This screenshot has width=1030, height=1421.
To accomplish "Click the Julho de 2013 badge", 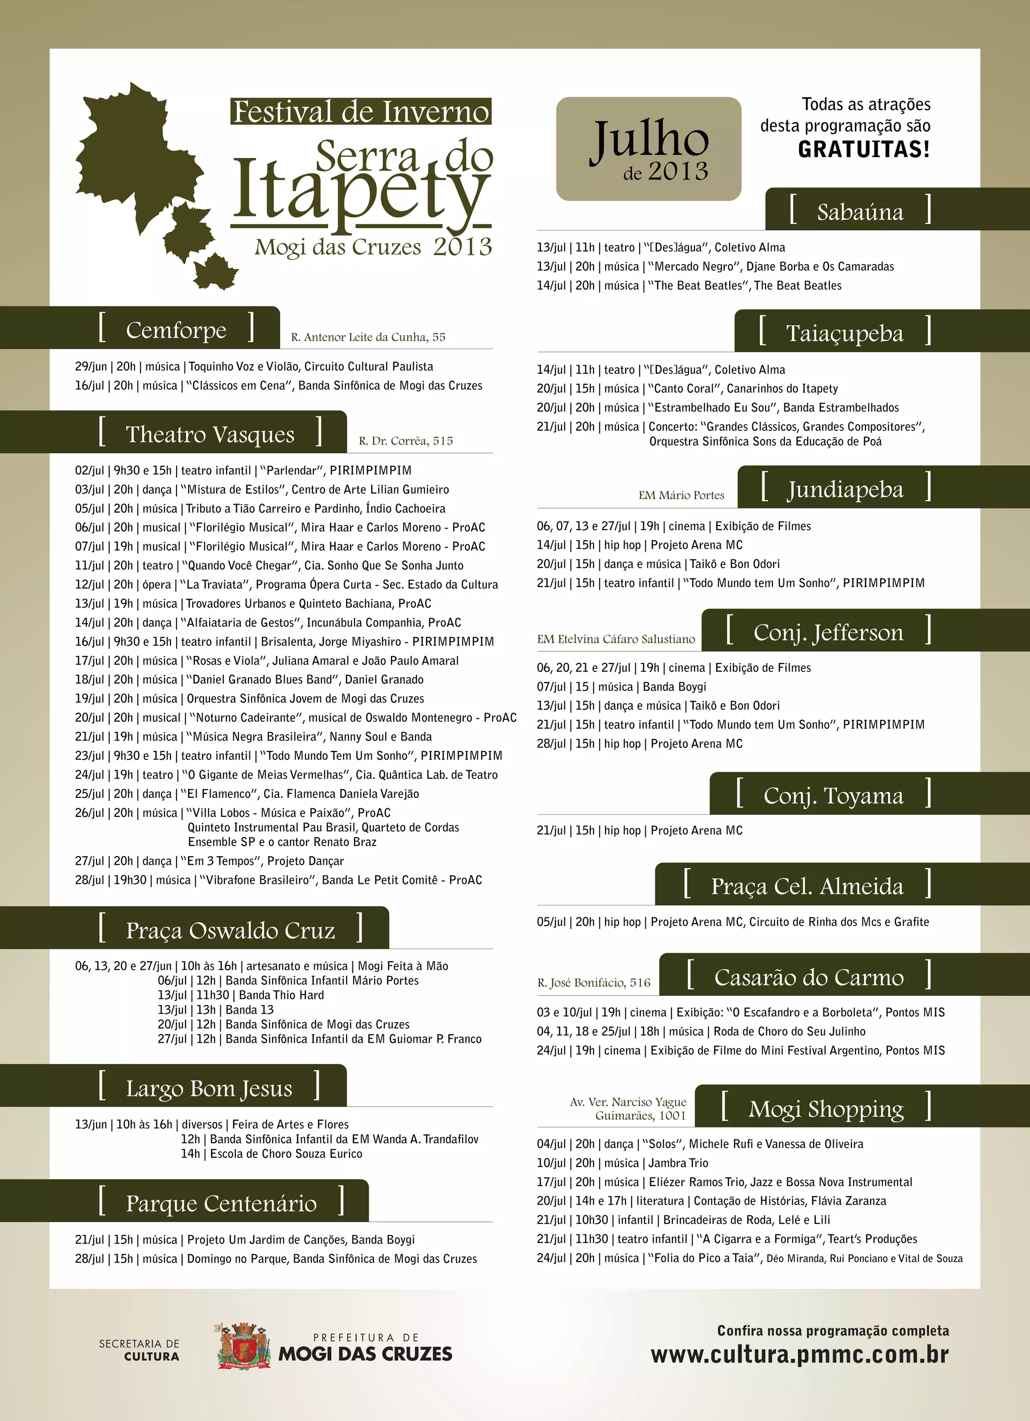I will [648, 149].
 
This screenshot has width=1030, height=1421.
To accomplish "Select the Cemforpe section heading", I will [176, 329].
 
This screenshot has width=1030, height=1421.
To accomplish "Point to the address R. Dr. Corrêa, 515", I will [405, 441].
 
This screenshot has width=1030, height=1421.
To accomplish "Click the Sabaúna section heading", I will [860, 212].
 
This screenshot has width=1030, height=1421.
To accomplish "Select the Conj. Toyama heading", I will [833, 796].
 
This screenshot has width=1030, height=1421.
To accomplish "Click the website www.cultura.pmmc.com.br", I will [800, 1355].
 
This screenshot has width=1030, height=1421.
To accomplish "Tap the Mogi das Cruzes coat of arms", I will [244, 1346].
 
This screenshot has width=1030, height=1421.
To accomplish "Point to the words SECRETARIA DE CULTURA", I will [139, 1350].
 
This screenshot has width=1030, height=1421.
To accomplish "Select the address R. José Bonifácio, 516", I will [593, 982].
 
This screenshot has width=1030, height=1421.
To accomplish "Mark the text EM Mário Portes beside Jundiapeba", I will [681, 495].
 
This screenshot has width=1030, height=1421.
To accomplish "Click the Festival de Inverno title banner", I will [360, 112].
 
